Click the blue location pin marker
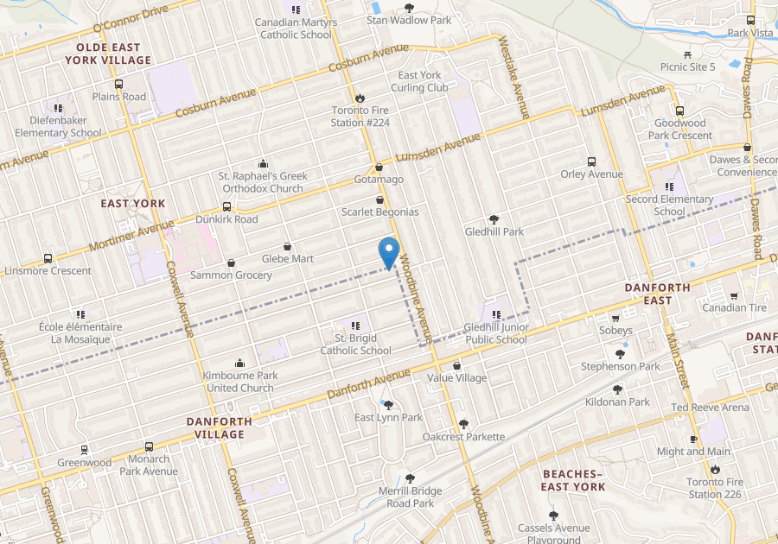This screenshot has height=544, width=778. (x=389, y=251)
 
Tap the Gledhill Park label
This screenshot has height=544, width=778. (x=494, y=231)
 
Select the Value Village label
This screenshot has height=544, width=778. (x=456, y=377)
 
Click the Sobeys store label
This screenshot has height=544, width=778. (x=615, y=330)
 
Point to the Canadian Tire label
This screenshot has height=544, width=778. (x=734, y=307)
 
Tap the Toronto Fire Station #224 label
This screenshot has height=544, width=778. (x=360, y=116)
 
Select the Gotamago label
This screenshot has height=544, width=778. (x=379, y=179)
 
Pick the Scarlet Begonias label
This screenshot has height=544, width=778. (x=379, y=212)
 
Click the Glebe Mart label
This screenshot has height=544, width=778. (x=288, y=258)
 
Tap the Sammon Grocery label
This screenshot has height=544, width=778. (x=231, y=275)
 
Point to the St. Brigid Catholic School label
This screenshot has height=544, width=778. (x=355, y=344)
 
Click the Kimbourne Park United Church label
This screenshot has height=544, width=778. (x=239, y=382)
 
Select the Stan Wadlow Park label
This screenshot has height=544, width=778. (x=397, y=19)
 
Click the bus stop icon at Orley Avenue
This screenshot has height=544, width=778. (x=591, y=161)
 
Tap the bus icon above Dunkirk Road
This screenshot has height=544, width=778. (x=226, y=207)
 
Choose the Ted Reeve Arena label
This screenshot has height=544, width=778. (x=710, y=407)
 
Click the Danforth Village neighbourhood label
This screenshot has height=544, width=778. (x=220, y=427)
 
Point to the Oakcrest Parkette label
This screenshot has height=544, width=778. (x=463, y=436)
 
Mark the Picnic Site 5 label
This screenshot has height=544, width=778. (x=688, y=66)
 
